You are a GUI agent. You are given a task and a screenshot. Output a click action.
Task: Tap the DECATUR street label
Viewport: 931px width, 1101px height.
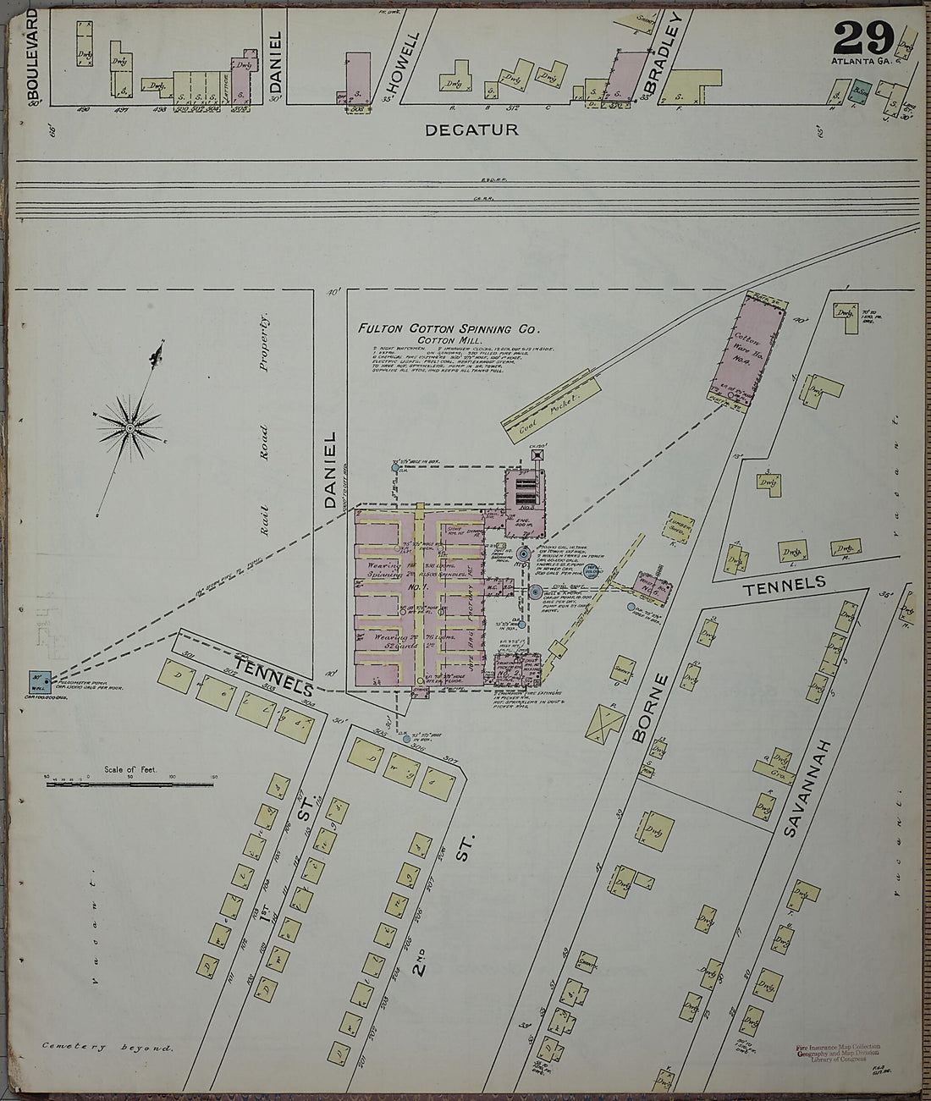471,130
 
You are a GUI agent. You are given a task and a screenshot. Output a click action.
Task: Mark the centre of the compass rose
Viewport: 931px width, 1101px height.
129,429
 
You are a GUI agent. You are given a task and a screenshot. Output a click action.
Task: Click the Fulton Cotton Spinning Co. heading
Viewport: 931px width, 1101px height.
448,328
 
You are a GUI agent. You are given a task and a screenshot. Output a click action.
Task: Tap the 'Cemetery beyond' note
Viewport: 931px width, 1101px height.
107,1048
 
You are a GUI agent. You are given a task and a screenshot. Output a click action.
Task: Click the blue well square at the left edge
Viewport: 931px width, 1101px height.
37,680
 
